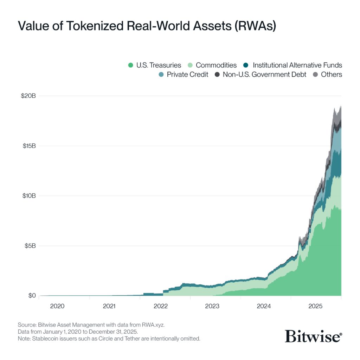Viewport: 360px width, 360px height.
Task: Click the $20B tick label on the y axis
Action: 28,96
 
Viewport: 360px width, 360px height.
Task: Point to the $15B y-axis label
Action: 29,146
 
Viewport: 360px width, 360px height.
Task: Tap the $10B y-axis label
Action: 29,196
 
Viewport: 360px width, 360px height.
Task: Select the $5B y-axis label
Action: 30,246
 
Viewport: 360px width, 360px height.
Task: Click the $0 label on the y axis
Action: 32,295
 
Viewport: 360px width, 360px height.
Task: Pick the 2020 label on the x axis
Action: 57,306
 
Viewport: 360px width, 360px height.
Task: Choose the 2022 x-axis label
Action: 160,306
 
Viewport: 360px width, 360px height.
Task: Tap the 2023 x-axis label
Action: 212,306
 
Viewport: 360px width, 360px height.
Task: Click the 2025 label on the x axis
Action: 315,306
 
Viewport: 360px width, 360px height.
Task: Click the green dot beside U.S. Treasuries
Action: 131,65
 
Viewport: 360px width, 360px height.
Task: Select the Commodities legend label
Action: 216,65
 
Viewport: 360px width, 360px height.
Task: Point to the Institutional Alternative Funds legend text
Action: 297,65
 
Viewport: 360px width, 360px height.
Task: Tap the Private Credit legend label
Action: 187,75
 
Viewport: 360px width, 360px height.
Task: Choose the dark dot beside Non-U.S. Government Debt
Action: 217,75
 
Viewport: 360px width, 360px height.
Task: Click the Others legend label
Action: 331,75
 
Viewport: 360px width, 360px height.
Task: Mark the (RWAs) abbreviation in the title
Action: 255,26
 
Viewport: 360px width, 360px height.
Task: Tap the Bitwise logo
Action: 313,336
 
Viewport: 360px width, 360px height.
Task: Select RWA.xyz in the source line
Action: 153,325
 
